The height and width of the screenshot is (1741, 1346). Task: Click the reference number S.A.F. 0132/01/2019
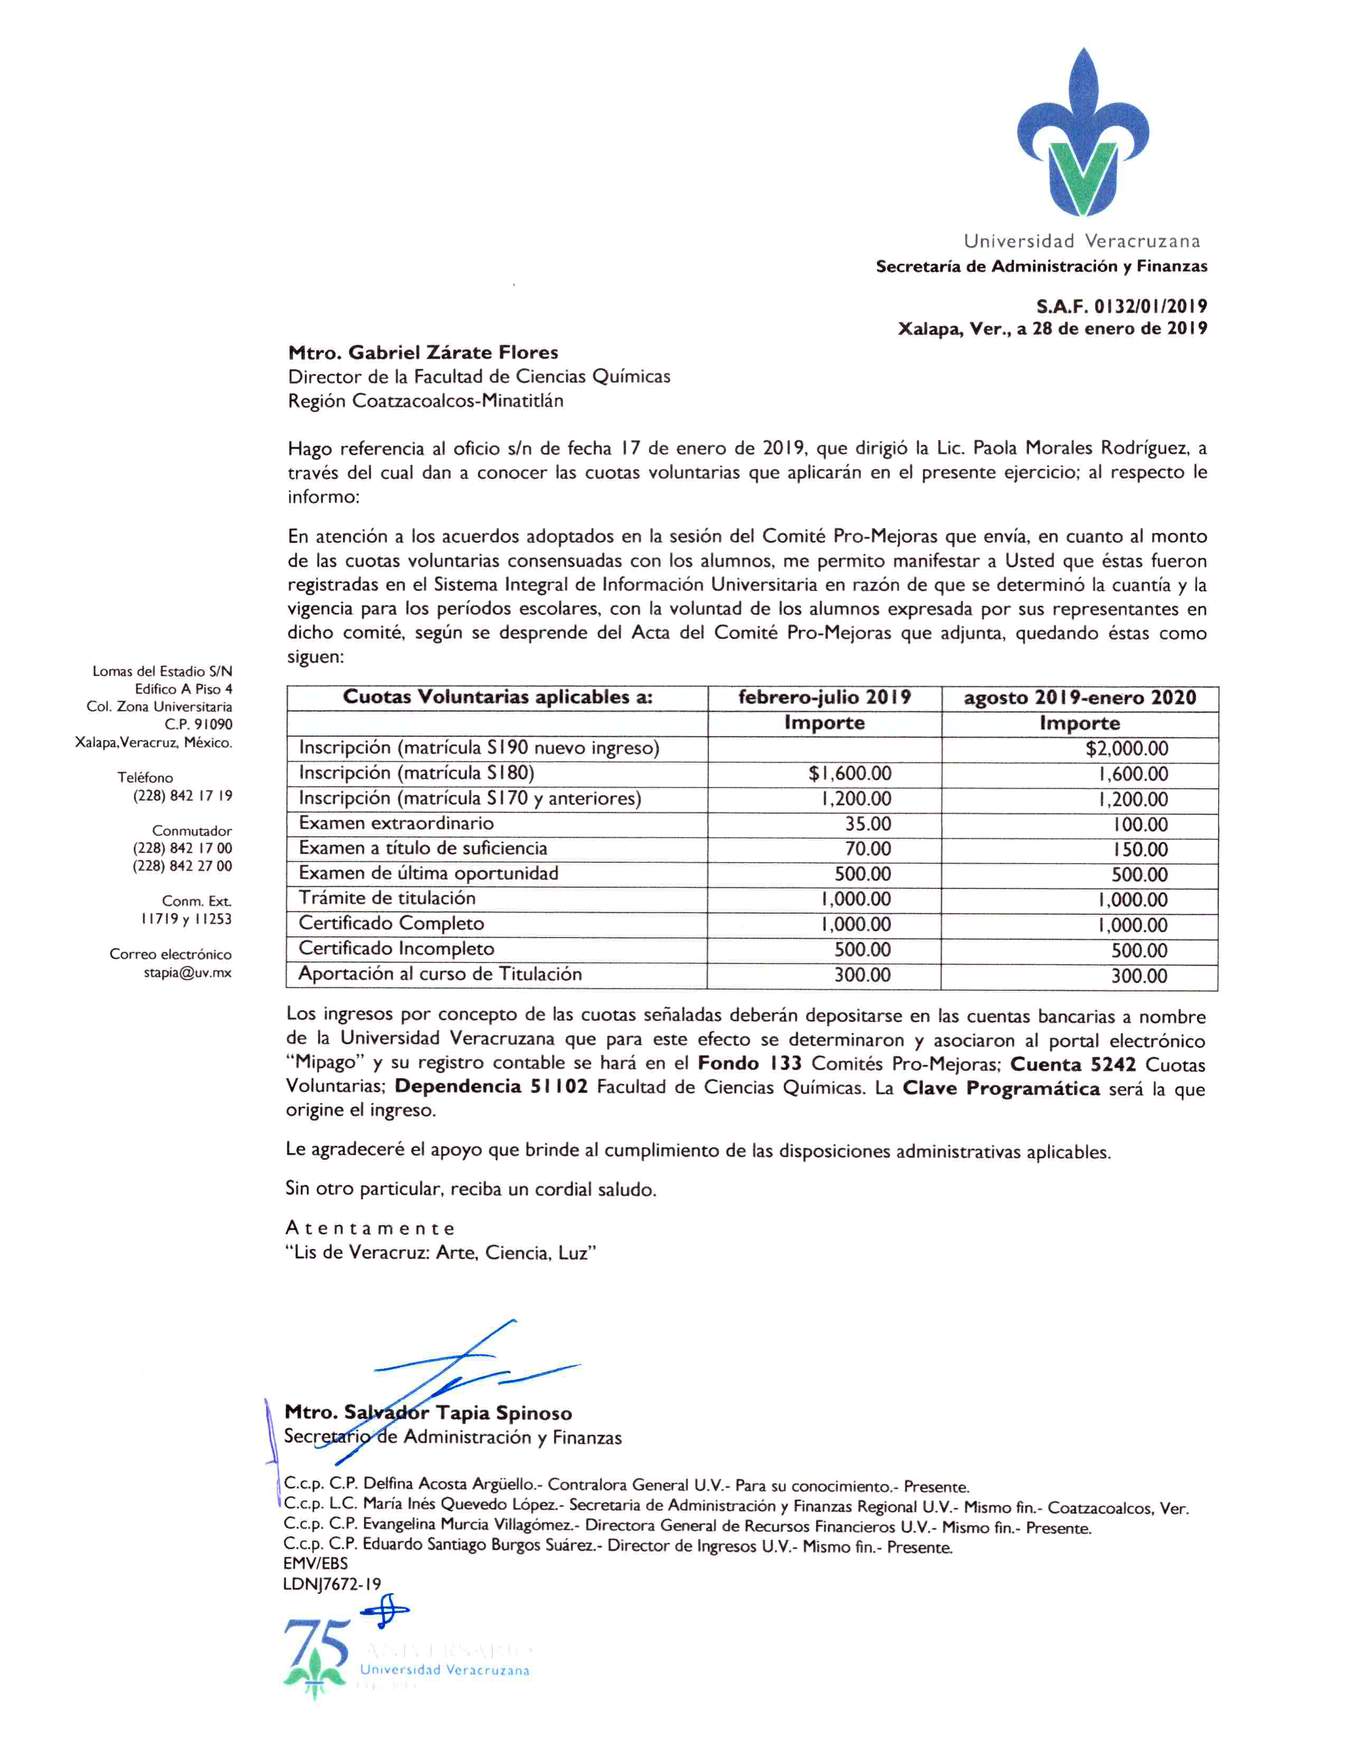coord(1121,306)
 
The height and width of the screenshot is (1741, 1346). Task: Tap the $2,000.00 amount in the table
coord(1126,748)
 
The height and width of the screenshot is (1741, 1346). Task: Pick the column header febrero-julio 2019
coord(824,698)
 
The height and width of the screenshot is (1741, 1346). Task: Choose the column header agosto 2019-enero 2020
coord(1079,698)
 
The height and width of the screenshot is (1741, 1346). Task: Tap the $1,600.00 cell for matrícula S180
coord(849,773)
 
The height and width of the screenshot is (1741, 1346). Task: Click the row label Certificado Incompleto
coord(396,949)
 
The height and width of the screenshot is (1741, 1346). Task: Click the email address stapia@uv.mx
coord(188,972)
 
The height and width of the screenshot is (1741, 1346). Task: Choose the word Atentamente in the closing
coord(370,1229)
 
